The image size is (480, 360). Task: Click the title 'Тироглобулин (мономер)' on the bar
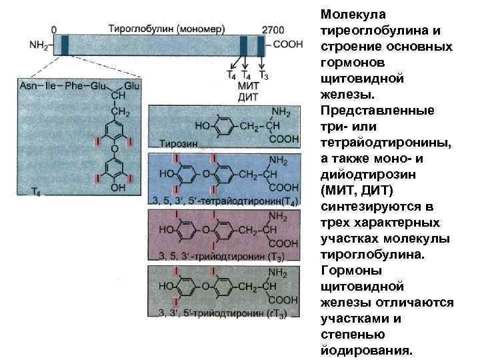pos(167,29)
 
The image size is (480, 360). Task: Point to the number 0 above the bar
pos(53,30)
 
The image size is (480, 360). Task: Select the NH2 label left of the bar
pos(38,46)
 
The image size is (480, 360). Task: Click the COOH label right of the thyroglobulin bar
pos(288,45)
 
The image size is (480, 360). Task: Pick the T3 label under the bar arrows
pos(263,75)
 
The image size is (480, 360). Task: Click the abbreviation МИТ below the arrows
pos(248,87)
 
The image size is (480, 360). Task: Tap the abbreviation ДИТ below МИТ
pos(248,97)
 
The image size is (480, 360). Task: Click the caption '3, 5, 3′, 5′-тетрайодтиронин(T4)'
pos(225,201)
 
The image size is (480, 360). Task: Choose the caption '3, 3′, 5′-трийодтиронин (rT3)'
pos(220,314)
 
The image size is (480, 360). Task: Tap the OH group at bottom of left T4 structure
pos(118,189)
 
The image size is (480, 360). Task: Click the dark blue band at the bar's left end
pos(65,45)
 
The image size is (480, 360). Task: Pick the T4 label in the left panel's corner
pos(37,192)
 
